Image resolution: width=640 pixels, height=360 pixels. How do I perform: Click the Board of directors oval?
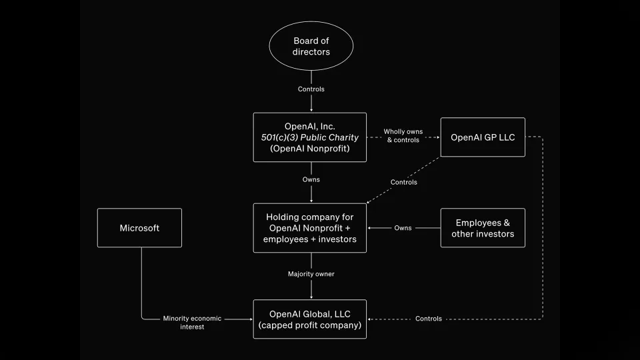tap(311, 47)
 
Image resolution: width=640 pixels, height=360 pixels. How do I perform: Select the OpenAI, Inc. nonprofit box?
tap(310, 137)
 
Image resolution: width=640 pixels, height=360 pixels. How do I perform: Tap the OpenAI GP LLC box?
tap(483, 137)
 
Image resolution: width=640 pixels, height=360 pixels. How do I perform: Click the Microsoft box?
tap(139, 228)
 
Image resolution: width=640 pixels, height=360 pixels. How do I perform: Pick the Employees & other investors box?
tap(483, 228)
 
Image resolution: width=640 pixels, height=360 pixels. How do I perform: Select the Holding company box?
tap(310, 228)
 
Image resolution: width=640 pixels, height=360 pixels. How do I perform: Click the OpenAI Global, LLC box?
tap(310, 319)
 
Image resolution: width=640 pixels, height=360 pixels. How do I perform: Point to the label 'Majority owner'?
tap(311, 274)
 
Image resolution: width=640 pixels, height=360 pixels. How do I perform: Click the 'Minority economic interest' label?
tap(192, 323)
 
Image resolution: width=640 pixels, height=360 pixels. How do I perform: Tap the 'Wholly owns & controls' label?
tap(403, 136)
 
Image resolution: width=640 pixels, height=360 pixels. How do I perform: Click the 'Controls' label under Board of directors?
tap(311, 89)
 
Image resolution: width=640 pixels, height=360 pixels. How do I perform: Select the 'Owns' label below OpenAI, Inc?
tap(311, 179)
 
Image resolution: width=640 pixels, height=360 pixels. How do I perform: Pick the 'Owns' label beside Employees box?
tap(403, 228)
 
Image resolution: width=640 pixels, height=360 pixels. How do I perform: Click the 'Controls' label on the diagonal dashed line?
tap(403, 182)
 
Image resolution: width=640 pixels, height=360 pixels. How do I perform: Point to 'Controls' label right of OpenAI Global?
tap(428, 319)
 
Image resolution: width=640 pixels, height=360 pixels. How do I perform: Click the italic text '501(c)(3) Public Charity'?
tap(310, 137)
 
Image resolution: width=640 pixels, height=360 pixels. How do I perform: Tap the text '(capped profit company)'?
tap(310, 325)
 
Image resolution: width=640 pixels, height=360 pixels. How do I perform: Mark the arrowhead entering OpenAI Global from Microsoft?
tap(250, 319)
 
